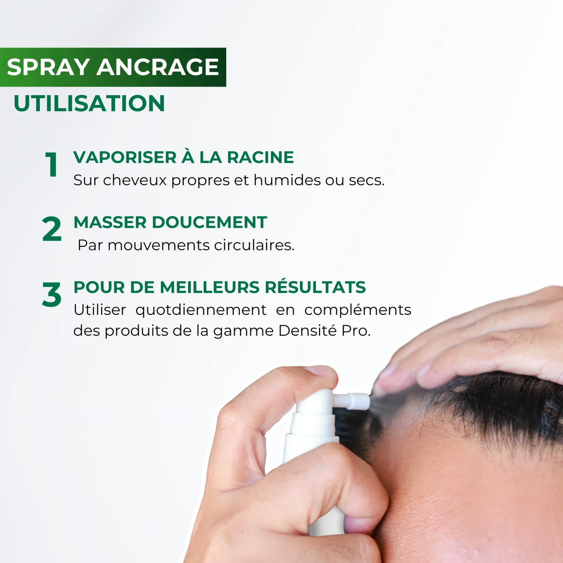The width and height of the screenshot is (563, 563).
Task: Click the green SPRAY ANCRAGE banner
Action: coord(113,67)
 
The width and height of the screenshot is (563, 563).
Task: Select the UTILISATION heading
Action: coord(89,103)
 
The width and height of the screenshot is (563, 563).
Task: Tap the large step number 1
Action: coord(51,165)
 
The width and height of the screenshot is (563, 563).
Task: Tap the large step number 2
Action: coord(51,229)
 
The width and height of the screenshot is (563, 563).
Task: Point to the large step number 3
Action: coord(51,295)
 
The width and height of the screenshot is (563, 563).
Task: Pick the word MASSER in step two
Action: coord(110,222)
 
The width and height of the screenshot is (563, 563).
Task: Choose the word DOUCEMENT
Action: coord(209,222)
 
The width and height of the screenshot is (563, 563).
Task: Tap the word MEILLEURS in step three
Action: coord(210,287)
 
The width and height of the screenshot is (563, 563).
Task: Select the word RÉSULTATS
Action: coord(315,287)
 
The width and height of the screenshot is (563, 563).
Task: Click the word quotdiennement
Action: coord(201,310)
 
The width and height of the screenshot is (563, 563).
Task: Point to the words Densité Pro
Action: coord(324,331)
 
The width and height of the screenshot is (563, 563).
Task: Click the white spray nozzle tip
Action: coord(362,401)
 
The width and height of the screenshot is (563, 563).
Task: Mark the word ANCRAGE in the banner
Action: coord(158,67)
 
